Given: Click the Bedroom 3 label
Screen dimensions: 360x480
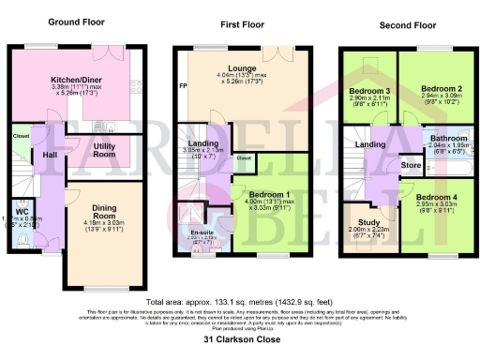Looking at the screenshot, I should (x=361, y=88).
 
